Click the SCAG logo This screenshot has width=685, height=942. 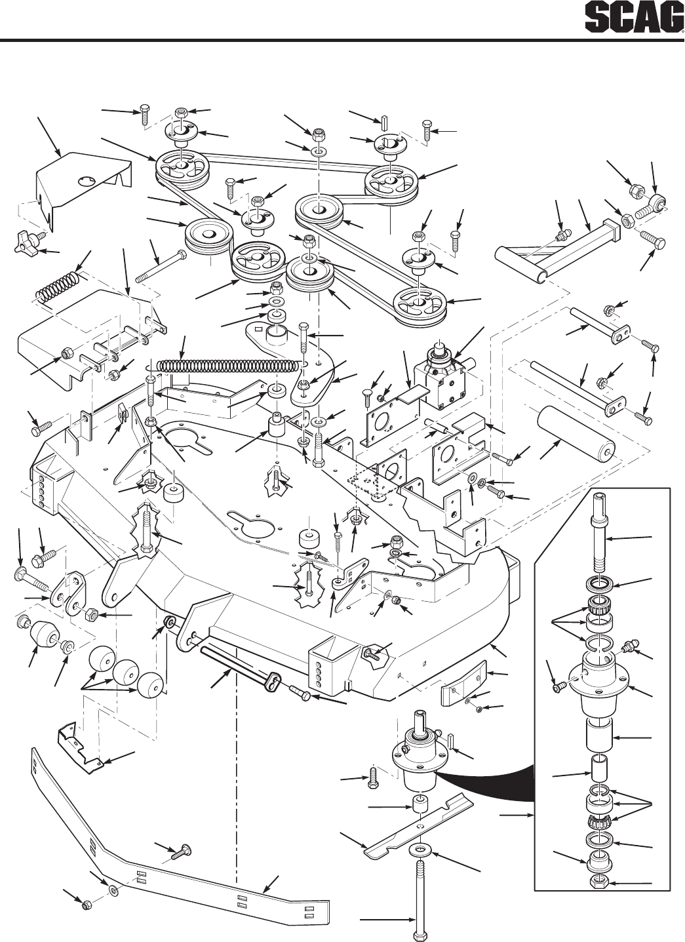[x=634, y=18]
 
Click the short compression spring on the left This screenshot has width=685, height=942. [x=57, y=288]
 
